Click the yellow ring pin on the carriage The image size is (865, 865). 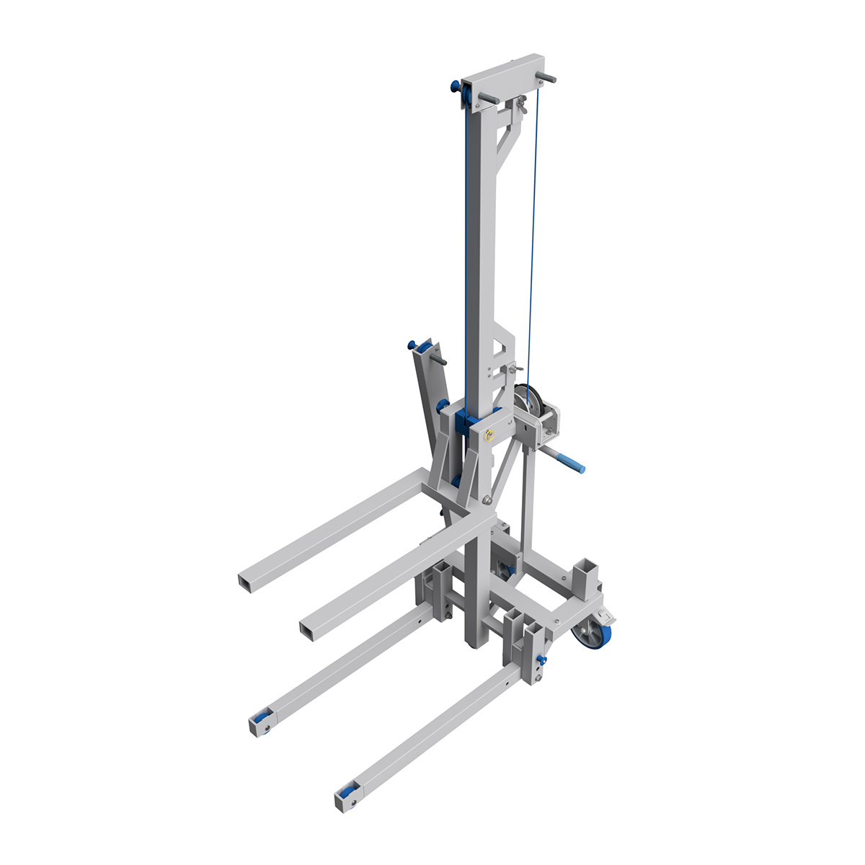point(489,434)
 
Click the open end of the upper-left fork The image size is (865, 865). point(247,582)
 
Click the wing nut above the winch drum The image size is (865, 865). point(512,370)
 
